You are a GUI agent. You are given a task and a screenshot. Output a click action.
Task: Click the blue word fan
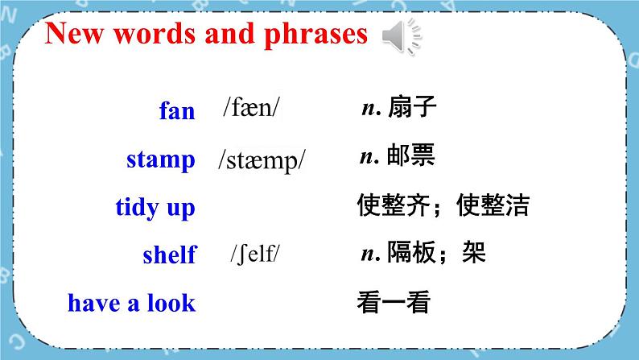coord(177,111)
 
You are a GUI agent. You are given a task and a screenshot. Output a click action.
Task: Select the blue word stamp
coord(160,159)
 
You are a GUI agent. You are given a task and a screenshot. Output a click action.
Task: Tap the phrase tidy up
coord(155,208)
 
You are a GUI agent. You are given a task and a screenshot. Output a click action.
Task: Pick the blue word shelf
coord(169,255)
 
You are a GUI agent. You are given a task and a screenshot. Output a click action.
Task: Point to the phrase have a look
coord(131,303)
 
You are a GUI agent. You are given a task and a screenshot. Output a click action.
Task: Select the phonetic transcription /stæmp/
coord(262,159)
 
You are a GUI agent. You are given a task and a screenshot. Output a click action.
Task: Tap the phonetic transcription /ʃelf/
coord(255,254)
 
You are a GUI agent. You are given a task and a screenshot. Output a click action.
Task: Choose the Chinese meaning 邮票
coord(410,156)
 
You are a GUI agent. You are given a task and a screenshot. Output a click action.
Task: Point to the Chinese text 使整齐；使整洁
coord(443,205)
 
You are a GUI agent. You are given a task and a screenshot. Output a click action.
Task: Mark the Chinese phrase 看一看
coord(394,302)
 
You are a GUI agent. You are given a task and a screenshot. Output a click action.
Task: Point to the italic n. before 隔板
coord(370,254)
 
